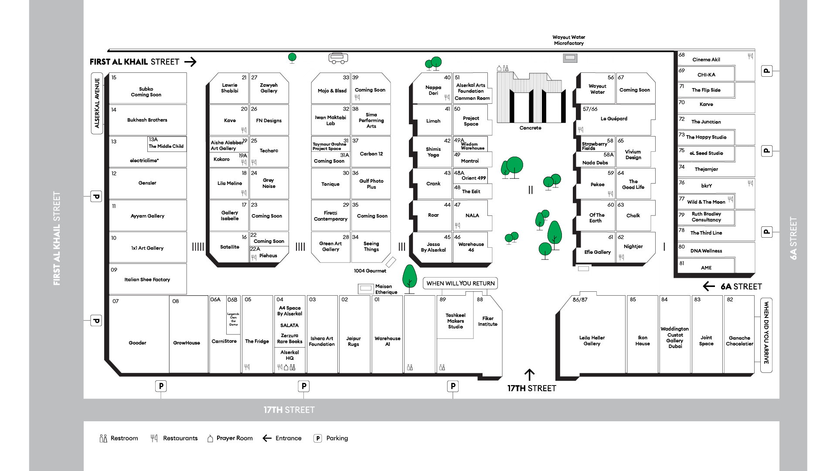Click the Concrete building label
[530, 128]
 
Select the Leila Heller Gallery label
[592, 341]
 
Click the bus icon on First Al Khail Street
[338, 58]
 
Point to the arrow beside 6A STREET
[709, 286]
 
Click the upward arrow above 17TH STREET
[529, 375]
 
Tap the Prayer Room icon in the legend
[210, 438]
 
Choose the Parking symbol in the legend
[318, 438]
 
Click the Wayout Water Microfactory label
[569, 40]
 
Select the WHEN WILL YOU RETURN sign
[460, 283]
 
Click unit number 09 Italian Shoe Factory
[148, 279]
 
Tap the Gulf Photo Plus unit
[371, 184]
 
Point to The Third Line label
[706, 233]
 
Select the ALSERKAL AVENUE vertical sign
[97, 103]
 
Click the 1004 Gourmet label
[370, 271]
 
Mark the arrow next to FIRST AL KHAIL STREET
[191, 62]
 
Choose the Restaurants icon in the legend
[154, 438]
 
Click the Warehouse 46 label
[471, 247]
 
